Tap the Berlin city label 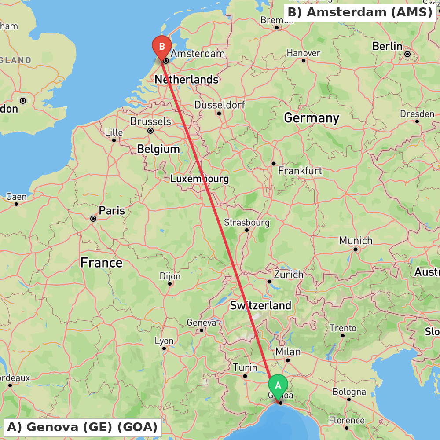tap(387, 46)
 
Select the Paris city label tap(112, 211)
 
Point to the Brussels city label tap(150, 121)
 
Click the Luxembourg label tap(199, 179)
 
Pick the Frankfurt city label tap(300, 171)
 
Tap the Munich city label tap(356, 241)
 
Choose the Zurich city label tap(289, 275)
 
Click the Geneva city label tap(202, 323)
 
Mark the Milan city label tap(288, 352)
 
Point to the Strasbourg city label tap(247, 223)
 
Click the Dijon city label tap(170, 276)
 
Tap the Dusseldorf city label tap(220, 105)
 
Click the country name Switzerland tap(260, 305)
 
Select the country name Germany tap(312, 118)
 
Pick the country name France tap(101, 263)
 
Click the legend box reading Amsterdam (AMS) tap(360, 12)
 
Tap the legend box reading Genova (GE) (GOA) tap(82, 427)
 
